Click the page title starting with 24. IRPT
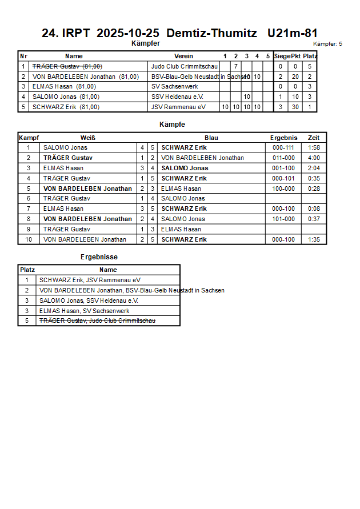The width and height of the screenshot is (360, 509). [x=179, y=33]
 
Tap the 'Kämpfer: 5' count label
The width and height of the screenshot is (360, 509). [x=327, y=43]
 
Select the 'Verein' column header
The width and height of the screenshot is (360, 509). [x=183, y=56]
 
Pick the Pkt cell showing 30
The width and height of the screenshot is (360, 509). [x=295, y=107]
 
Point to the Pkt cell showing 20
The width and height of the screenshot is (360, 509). [x=295, y=77]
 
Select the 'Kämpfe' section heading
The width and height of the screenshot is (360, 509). [x=172, y=124]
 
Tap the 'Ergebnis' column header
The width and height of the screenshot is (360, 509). [x=283, y=138]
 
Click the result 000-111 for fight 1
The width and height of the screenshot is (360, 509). [x=283, y=147]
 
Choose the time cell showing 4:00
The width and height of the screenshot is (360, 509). [x=314, y=158]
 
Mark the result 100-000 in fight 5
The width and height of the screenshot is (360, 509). [x=283, y=189]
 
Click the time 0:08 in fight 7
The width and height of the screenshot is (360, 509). [x=314, y=209]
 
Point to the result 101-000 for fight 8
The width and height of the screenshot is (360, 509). [x=283, y=219]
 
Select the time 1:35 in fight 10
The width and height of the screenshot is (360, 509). [x=314, y=239]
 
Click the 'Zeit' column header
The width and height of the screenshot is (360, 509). [x=314, y=138]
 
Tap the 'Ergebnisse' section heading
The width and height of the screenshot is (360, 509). [x=99, y=257]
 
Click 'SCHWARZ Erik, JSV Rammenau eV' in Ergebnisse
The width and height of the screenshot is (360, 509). [x=90, y=280]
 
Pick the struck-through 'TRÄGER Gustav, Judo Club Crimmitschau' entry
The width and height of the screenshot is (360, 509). [x=97, y=321]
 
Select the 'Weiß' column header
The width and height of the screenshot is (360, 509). [x=88, y=138]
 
